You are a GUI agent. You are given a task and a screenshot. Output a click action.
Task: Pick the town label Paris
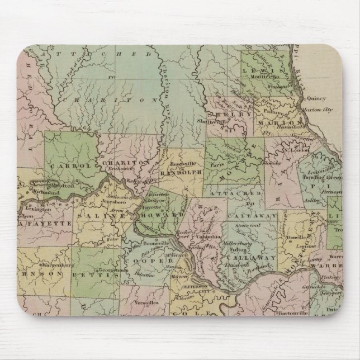pyautogui.click(x=216, y=165)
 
